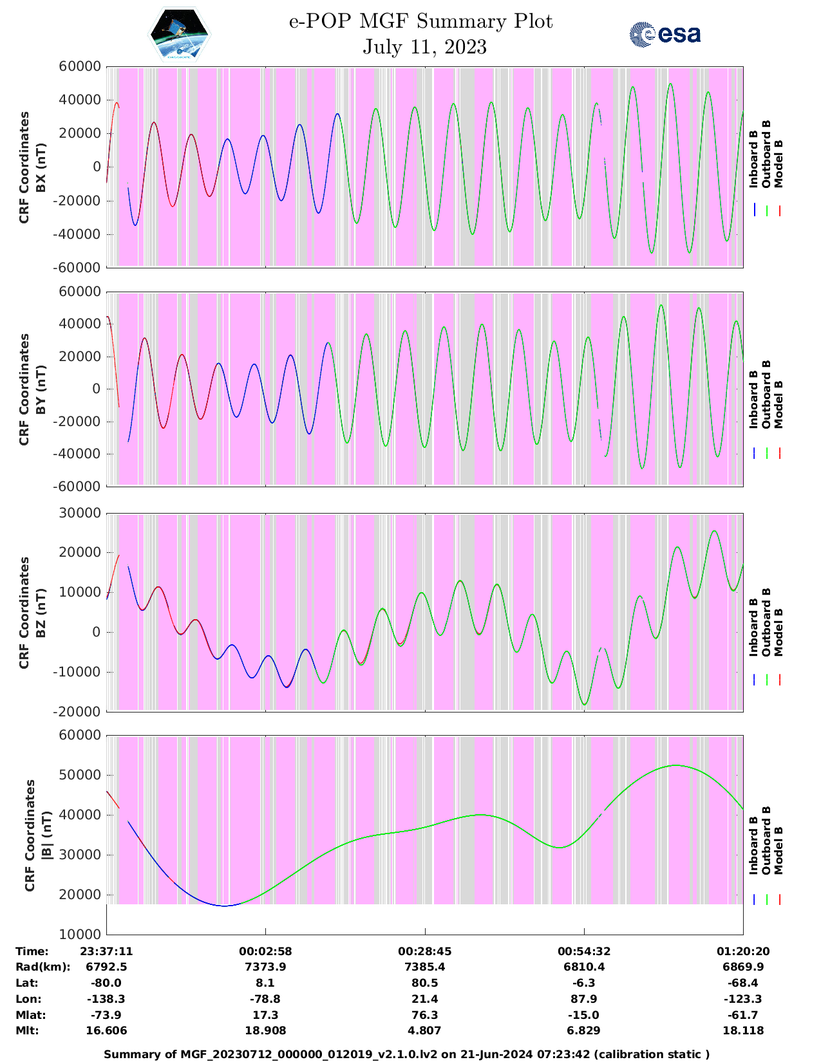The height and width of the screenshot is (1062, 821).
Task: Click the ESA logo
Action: (x=665, y=34)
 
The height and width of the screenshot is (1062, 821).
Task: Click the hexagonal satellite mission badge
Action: (x=180, y=34)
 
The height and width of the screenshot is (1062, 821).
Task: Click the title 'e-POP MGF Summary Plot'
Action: (x=420, y=22)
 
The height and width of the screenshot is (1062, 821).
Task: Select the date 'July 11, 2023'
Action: (x=424, y=47)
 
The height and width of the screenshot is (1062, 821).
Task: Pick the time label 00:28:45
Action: (x=424, y=951)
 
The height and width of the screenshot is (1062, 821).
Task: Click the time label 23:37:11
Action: (x=106, y=951)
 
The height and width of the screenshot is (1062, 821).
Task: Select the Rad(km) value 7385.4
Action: (x=424, y=967)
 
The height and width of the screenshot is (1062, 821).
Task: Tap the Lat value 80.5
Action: (x=424, y=983)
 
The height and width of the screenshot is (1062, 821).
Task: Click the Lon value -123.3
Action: (x=743, y=999)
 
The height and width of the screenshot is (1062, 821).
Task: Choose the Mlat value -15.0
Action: (x=583, y=1015)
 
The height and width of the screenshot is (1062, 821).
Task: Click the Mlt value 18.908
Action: (x=265, y=1030)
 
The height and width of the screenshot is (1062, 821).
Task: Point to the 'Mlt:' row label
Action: (x=27, y=1030)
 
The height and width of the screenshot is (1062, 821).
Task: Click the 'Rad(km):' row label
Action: (x=42, y=967)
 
